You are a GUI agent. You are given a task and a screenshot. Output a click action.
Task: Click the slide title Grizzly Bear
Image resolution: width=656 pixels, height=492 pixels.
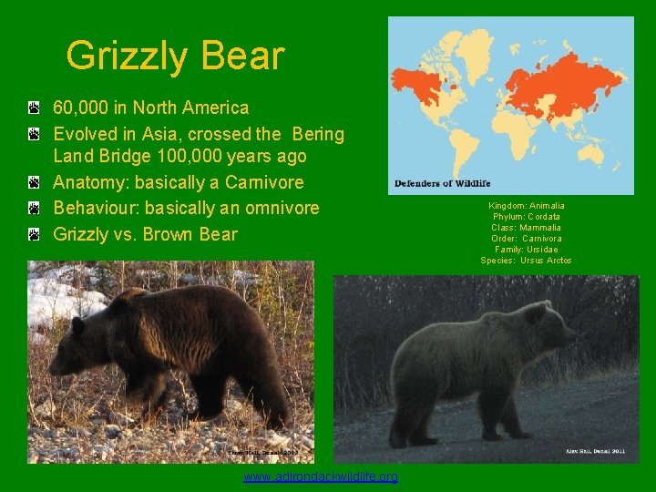coord(175,56)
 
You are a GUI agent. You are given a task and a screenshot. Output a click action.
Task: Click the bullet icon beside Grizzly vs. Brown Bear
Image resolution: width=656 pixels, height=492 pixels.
coord(33,235)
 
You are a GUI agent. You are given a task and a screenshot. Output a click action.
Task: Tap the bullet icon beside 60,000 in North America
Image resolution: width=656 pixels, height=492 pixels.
coord(33,109)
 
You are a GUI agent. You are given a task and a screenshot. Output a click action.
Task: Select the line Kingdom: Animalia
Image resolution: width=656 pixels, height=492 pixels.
coord(527,206)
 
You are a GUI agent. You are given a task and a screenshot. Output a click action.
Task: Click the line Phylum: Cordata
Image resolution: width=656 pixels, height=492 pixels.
coord(527,217)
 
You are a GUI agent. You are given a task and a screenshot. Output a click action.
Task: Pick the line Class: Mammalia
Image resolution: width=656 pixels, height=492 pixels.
coord(527,228)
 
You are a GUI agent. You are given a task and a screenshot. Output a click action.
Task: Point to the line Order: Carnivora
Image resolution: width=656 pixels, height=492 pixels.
coord(527,239)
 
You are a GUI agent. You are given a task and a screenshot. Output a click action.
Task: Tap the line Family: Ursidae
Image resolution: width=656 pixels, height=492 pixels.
coord(527,250)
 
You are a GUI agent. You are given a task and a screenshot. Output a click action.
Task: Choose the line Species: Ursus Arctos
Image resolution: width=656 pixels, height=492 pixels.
coord(527,261)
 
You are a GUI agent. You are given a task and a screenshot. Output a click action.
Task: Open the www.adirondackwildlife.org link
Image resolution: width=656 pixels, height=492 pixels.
coord(321,477)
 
